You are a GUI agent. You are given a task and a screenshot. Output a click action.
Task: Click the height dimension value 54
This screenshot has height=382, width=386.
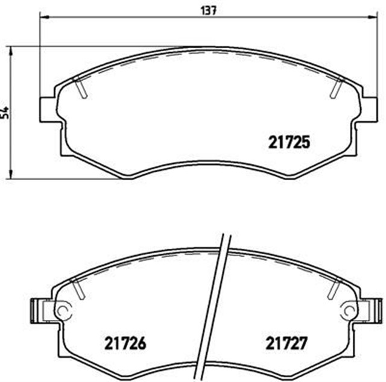(5, 113)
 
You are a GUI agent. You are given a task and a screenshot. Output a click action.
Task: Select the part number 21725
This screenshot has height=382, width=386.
(288, 143)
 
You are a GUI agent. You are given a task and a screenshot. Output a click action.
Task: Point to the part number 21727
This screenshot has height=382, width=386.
(287, 345)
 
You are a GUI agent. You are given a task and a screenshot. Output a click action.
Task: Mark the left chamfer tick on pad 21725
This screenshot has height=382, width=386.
(80, 88)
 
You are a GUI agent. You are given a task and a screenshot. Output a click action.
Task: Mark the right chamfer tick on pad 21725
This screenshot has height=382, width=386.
(336, 88)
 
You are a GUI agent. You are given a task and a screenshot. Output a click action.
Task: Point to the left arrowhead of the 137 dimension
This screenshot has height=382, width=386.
(43, 18)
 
